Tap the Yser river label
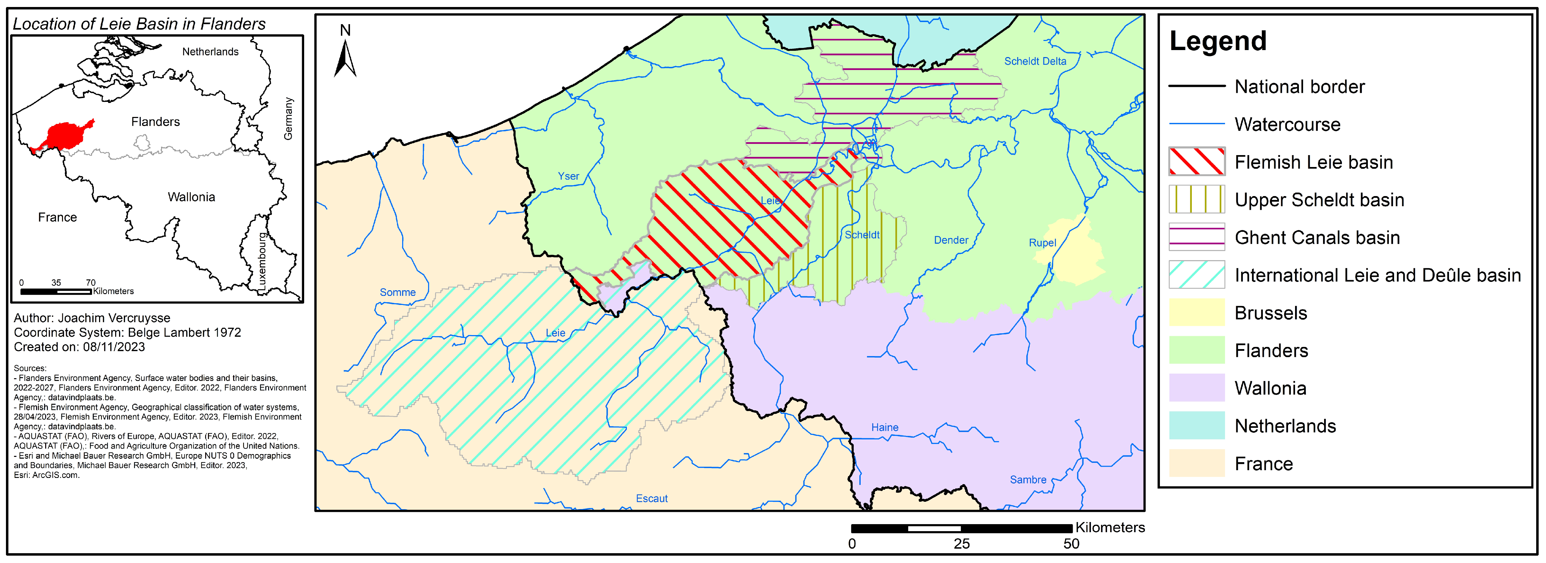[x=568, y=176]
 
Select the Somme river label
[x=397, y=292]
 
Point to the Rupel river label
[x=1042, y=243]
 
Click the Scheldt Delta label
[x=1035, y=61]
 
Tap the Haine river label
[x=884, y=428]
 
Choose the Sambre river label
[x=1028, y=480]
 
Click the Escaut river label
[x=652, y=498]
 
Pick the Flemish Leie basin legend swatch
[x=1197, y=161]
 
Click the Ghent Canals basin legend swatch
[x=1197, y=237]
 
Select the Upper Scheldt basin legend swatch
[x=1197, y=199]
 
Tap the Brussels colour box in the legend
[x=1197, y=313]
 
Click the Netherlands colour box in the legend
[x=1197, y=425]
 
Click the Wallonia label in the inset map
[x=191, y=197]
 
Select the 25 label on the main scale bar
[x=961, y=544]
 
